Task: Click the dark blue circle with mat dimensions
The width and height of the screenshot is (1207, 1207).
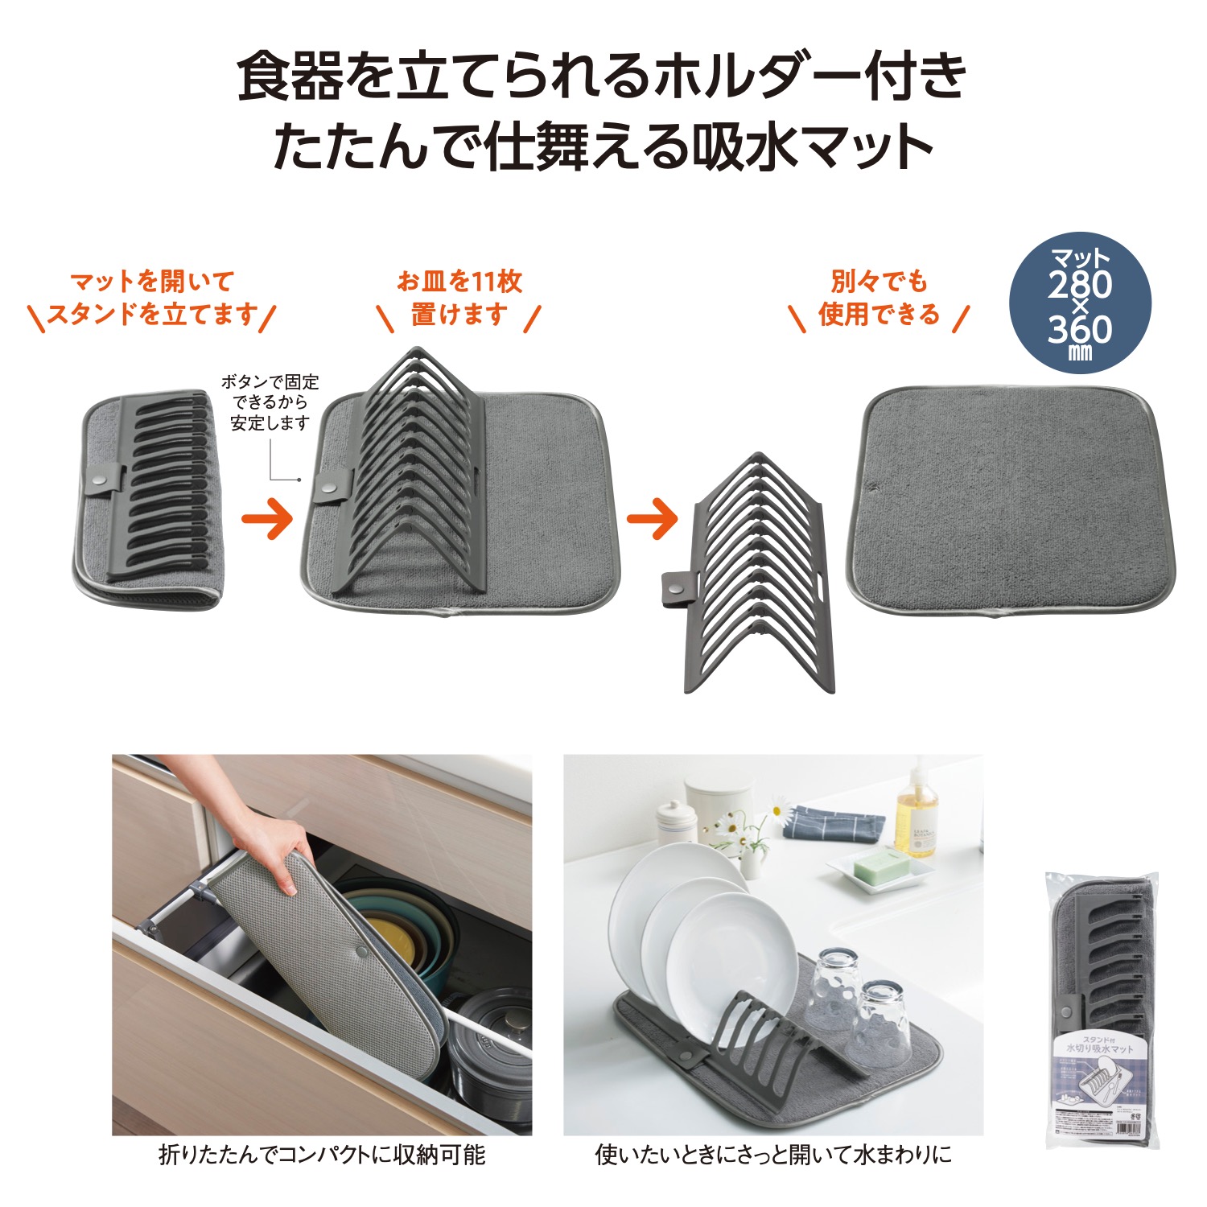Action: pyautogui.click(x=1080, y=303)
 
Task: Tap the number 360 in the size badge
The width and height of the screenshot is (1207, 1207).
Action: pyautogui.click(x=1080, y=329)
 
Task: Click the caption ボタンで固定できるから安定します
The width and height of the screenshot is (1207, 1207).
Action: pyautogui.click(x=270, y=402)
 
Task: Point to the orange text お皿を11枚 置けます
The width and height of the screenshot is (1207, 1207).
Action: pyautogui.click(x=459, y=298)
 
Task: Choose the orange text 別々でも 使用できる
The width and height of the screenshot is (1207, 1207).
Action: pyautogui.click(x=879, y=298)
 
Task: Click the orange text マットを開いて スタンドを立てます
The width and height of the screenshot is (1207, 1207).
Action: pyautogui.click(x=152, y=298)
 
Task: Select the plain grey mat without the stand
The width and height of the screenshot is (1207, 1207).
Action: pyautogui.click(x=1010, y=505)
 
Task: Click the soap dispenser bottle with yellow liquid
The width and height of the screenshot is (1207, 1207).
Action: pyautogui.click(x=917, y=813)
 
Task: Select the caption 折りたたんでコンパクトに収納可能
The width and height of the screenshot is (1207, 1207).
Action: pyautogui.click(x=322, y=1156)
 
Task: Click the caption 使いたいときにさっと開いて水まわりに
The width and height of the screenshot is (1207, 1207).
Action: pyautogui.click(x=772, y=1156)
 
